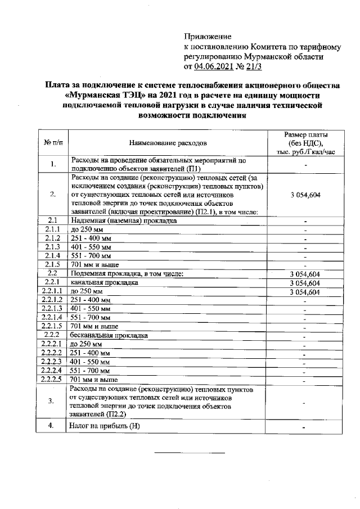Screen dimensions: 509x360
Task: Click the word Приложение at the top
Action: (204, 37)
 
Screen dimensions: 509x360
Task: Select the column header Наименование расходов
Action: (168, 143)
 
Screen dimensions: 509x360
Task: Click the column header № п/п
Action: (53, 143)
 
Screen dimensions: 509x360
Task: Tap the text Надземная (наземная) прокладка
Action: (124, 220)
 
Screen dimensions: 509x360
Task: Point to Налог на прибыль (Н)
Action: (104, 426)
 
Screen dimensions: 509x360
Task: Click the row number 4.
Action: (52, 426)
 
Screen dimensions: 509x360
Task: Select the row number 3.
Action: (52, 400)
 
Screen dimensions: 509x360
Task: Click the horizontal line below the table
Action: (190, 453)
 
